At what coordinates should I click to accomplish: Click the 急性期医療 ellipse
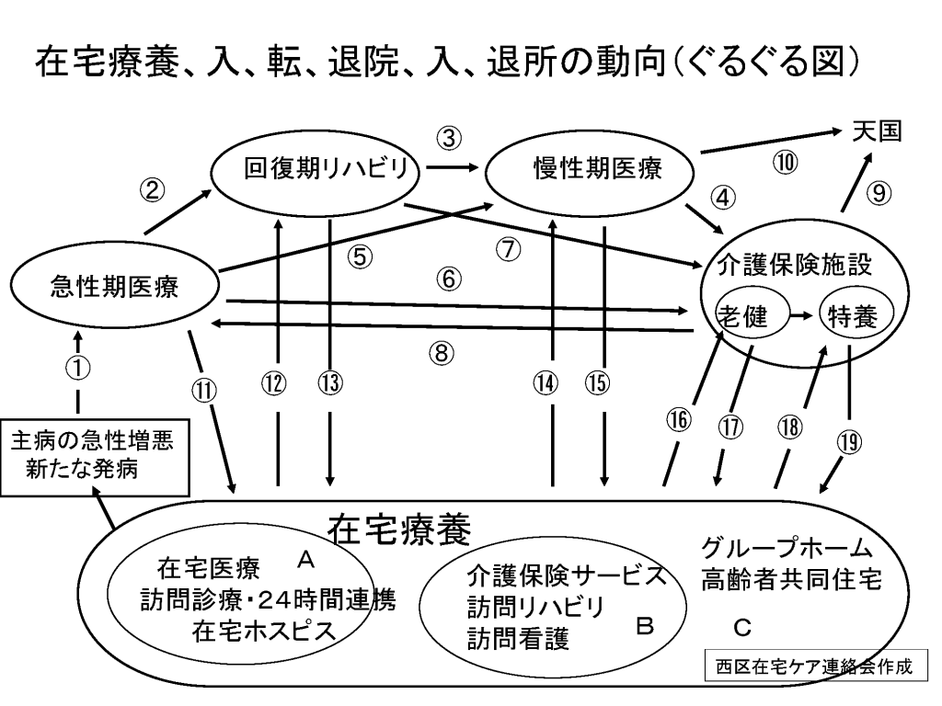[115, 289]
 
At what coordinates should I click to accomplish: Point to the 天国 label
[875, 131]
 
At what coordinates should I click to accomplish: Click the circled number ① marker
[79, 368]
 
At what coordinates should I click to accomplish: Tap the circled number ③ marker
[448, 139]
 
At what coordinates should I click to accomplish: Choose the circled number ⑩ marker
[786, 163]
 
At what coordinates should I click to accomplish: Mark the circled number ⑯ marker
[678, 419]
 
